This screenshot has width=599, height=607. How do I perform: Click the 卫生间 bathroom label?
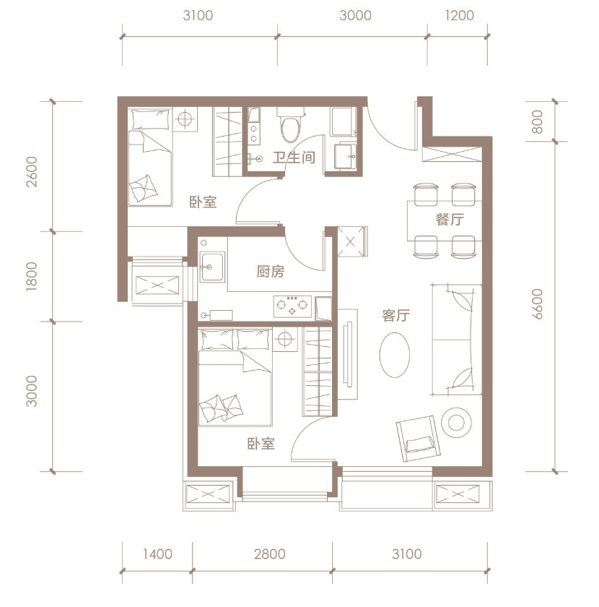(294, 158)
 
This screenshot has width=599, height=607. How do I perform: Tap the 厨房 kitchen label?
(271, 272)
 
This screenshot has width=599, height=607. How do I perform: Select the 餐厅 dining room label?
(450, 220)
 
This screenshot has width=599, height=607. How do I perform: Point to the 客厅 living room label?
(395, 316)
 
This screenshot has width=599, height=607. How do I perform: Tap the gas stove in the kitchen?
(293, 306)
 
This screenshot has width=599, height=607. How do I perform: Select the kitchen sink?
(212, 267)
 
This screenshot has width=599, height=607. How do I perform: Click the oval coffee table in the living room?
(395, 355)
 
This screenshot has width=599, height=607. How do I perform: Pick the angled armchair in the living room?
(418, 438)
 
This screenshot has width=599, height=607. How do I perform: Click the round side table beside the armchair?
(456, 422)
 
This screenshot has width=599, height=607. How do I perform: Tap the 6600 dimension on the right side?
(537, 303)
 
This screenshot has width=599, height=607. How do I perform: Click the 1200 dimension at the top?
(460, 15)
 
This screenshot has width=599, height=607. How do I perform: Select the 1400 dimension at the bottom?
(157, 554)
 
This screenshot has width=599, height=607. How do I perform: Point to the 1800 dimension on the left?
(32, 276)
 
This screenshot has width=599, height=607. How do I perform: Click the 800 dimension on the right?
(537, 121)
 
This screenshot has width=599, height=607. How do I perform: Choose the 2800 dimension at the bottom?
(269, 554)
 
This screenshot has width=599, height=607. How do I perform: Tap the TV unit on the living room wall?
(348, 354)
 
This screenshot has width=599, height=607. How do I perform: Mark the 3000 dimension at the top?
(355, 15)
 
